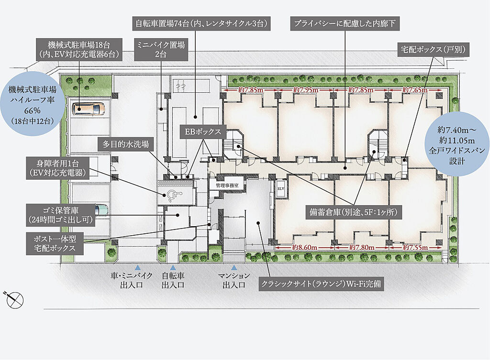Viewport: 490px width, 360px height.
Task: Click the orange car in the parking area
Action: click(x=88, y=109)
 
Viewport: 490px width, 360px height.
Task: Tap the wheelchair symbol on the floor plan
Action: click(x=172, y=195)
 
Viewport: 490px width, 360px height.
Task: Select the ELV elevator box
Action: click(x=280, y=188)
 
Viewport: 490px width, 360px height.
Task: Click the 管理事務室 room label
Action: click(x=227, y=185)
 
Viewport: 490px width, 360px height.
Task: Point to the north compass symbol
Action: click(x=14, y=300)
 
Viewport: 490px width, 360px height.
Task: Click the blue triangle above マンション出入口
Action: click(x=234, y=268)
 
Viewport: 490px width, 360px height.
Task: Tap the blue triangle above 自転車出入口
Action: click(x=173, y=268)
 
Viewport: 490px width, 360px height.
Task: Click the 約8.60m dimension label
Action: click(x=305, y=248)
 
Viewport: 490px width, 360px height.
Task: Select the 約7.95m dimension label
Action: click(x=306, y=90)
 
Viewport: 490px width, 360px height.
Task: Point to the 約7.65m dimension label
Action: click(x=415, y=90)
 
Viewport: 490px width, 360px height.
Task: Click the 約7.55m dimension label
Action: click(x=415, y=248)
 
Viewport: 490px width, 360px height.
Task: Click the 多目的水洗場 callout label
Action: click(x=126, y=144)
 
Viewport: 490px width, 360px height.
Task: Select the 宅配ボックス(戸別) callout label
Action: click(x=434, y=49)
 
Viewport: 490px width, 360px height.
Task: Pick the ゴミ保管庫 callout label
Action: click(x=61, y=215)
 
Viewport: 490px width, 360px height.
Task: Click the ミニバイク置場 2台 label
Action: click(x=161, y=50)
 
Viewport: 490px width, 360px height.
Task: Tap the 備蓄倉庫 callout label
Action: click(x=354, y=213)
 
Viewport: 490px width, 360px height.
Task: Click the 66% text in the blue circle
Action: click(x=33, y=110)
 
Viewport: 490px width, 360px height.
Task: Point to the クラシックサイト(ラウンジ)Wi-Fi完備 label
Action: click(x=321, y=284)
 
